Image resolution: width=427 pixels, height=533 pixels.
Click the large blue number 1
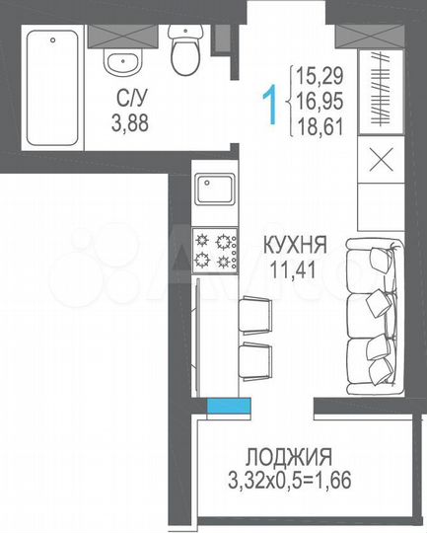(x=267, y=102)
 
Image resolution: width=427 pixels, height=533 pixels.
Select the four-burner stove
(x=215, y=250)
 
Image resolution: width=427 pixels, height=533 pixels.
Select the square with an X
(x=381, y=162)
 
